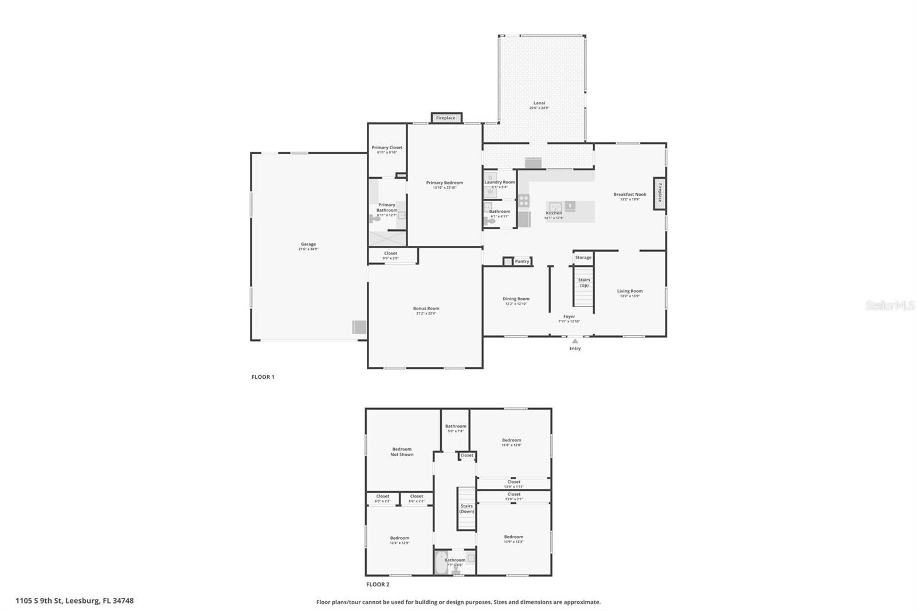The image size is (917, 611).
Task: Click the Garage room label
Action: (x=308, y=244)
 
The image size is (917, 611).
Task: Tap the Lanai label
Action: (x=539, y=104)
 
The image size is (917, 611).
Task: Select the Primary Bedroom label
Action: (x=444, y=183)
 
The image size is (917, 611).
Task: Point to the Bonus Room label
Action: (x=426, y=308)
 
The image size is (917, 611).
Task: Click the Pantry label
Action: (x=522, y=261)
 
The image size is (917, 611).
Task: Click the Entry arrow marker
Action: (x=575, y=341)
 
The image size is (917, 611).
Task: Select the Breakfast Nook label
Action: (x=629, y=194)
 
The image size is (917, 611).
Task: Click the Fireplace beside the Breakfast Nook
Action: (x=660, y=193)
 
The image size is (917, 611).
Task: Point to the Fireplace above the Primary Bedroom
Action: (x=446, y=118)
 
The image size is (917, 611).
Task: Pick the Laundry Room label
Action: (x=500, y=182)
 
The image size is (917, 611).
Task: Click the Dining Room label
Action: (x=516, y=299)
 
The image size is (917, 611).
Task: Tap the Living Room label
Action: (x=629, y=291)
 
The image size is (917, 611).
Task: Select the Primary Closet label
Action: (x=387, y=147)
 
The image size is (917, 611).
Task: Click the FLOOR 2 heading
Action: (x=378, y=585)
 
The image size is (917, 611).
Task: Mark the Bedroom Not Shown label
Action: (x=402, y=452)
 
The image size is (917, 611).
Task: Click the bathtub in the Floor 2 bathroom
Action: (x=441, y=563)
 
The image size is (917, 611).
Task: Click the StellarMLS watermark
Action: (x=889, y=305)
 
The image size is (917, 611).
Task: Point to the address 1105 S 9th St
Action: (x=75, y=601)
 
